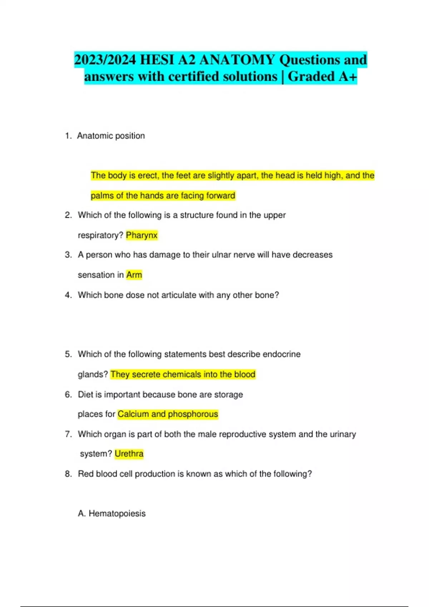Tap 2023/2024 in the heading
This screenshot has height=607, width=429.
[x=105, y=60]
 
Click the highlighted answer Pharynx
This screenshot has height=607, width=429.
[x=142, y=235]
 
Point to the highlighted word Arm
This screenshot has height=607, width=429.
[x=134, y=275]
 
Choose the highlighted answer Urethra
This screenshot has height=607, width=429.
[x=129, y=454]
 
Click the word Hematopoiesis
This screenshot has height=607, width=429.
[x=117, y=513]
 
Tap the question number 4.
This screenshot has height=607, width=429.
[x=68, y=295]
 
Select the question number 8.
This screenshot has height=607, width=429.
[x=68, y=474]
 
